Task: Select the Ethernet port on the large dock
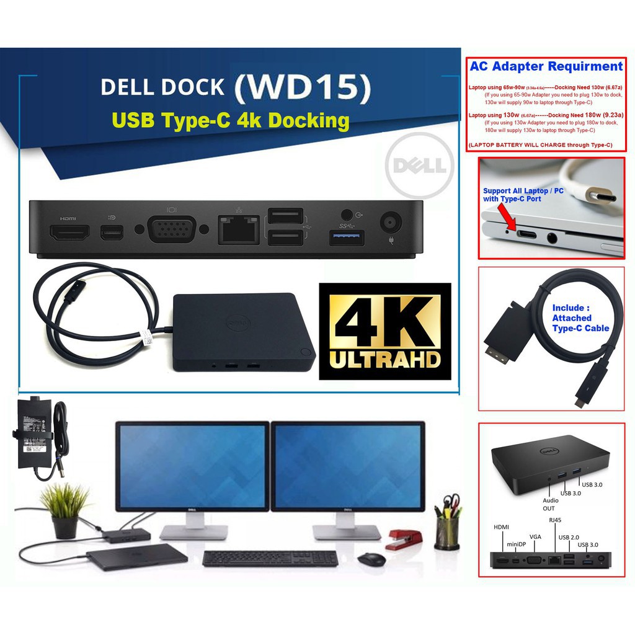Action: [239, 230]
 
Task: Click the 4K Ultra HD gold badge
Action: [384, 331]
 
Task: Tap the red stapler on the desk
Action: [404, 538]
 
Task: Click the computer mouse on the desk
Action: [371, 558]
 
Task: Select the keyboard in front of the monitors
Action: [270, 558]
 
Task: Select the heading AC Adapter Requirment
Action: [546, 66]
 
